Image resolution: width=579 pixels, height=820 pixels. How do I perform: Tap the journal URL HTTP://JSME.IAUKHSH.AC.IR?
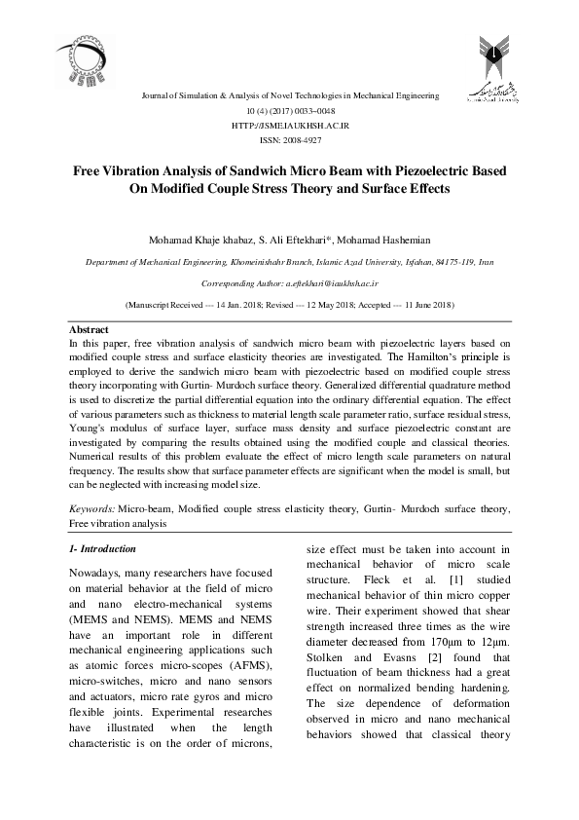click(290, 127)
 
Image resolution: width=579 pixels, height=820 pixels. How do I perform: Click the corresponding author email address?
click(332, 282)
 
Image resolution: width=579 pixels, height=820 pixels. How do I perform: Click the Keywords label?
click(92, 509)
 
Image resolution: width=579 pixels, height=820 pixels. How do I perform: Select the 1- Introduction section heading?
click(102, 549)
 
